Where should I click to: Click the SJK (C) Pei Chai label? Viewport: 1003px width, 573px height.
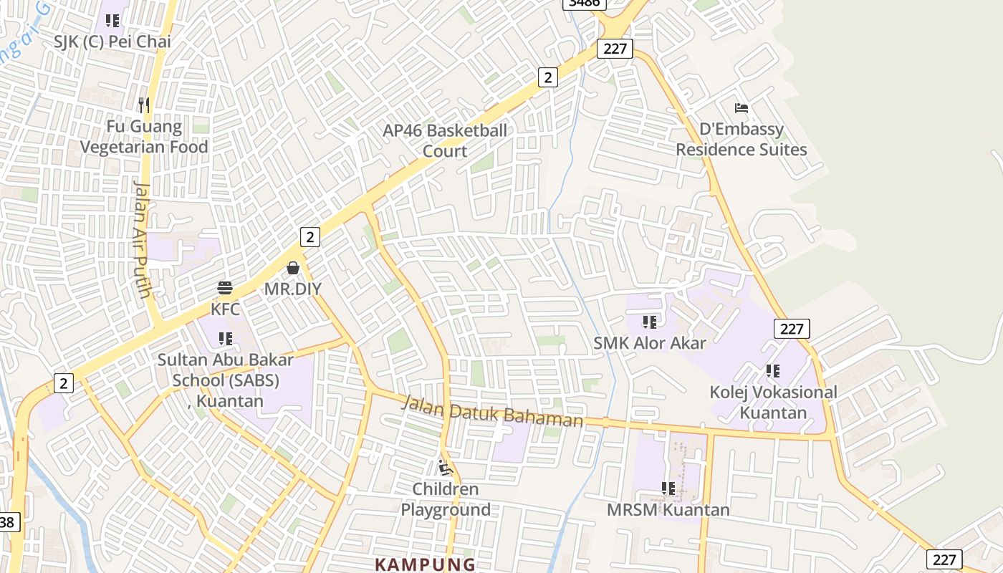pos(112,42)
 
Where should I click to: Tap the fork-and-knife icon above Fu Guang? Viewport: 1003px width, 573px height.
pos(144,105)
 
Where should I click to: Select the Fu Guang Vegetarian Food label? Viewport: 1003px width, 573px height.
pos(144,137)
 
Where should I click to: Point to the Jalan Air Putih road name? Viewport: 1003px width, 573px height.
pos(143,239)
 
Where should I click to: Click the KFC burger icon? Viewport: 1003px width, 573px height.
pos(225,288)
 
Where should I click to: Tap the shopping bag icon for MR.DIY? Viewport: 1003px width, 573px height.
pos(293,268)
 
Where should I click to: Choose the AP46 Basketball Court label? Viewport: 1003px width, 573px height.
pos(445,140)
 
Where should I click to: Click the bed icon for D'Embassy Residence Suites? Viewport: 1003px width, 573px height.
pos(742,108)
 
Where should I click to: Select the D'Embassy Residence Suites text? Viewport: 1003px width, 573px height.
pos(742,140)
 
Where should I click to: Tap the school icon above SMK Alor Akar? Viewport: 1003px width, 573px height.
pos(650,322)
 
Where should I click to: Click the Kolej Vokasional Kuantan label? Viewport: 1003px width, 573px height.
pos(773,403)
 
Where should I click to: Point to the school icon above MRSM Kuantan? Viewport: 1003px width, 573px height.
pos(668,488)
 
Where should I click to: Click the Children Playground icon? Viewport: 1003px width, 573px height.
pos(446,468)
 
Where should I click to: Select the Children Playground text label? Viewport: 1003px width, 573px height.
pos(446,499)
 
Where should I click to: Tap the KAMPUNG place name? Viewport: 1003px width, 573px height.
pos(425,564)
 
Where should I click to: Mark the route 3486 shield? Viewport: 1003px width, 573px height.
pos(585,3)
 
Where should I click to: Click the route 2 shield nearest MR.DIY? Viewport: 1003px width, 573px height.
pos(309,236)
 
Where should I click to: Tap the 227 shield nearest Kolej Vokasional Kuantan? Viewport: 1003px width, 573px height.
pos(792,329)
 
